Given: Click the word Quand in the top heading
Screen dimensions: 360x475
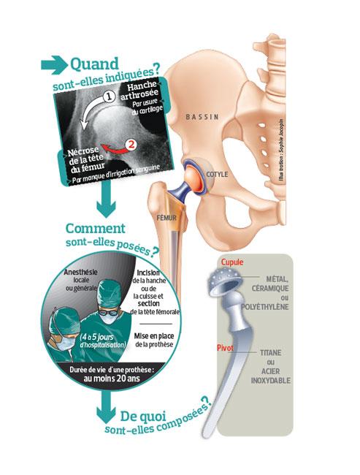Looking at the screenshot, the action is click(94, 64).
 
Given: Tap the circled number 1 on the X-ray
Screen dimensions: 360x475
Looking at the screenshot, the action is click(110, 96).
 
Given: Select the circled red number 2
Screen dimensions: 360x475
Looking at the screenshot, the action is click(131, 144).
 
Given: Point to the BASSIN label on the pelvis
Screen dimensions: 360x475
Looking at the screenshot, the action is click(202, 117).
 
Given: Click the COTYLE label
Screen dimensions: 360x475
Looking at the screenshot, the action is click(217, 175).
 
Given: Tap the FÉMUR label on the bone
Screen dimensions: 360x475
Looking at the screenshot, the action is click(166, 218).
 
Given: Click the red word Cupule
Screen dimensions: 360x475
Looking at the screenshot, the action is click(232, 262).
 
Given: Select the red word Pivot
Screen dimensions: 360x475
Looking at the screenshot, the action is click(225, 348).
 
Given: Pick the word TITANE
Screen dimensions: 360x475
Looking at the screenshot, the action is click(271, 353).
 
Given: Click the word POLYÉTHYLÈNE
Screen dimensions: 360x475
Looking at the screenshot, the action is click(265, 307).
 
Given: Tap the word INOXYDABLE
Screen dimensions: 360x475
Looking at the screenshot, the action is click(271, 381).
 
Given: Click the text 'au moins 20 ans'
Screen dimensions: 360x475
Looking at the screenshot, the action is click(112, 379).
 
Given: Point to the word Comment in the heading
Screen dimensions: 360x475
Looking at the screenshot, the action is click(96, 229).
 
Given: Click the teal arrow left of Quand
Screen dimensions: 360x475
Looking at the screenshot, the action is click(55, 65).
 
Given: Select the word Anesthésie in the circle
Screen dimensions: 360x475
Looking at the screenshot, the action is click(81, 272).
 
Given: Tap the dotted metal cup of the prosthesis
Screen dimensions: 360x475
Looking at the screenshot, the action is click(224, 283).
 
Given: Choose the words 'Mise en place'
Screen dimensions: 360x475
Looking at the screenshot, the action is click(154, 336).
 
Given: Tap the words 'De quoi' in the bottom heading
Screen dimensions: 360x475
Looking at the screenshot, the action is click(143, 417).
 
